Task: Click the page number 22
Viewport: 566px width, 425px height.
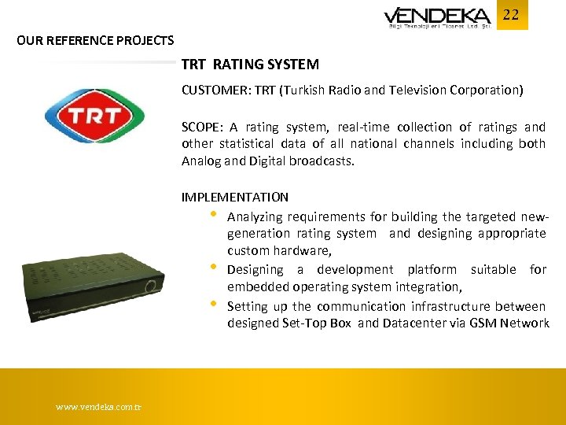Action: [x=511, y=14]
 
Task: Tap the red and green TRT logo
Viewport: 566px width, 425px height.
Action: [x=93, y=116]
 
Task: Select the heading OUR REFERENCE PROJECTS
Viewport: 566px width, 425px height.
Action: [x=95, y=40]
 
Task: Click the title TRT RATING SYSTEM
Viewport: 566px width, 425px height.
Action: [x=250, y=65]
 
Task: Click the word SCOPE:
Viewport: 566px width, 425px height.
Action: [x=202, y=127]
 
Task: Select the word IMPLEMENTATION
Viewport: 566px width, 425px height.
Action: [x=234, y=197]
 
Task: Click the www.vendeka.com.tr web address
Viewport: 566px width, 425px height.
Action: [x=99, y=407]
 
